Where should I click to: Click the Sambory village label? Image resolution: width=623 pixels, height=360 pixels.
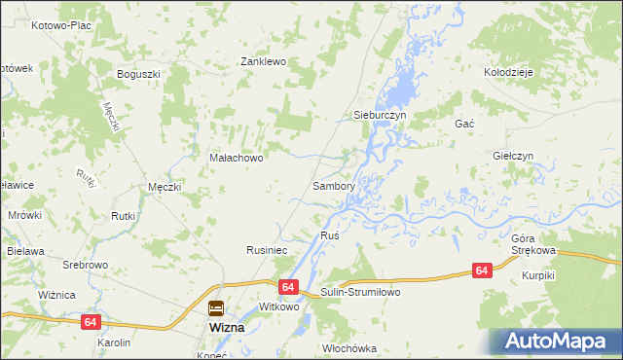coord(332,185)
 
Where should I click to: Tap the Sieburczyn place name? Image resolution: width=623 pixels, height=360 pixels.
coord(378,115)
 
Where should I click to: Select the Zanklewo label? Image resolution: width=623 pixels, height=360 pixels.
coord(263,61)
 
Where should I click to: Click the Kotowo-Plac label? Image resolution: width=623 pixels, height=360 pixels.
coord(60,25)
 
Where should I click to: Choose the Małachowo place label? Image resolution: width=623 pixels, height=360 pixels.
coord(237,157)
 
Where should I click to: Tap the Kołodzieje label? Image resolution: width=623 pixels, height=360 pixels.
coord(508,72)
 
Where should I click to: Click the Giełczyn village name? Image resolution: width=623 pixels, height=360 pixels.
coord(512,156)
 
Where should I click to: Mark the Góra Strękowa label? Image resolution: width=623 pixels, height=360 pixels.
coord(532,244)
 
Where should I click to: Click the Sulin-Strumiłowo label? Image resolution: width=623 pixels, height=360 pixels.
coord(360,292)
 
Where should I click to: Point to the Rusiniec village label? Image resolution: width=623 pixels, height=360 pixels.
coord(265,250)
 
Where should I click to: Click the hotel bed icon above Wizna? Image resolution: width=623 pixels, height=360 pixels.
coord(215,308)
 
